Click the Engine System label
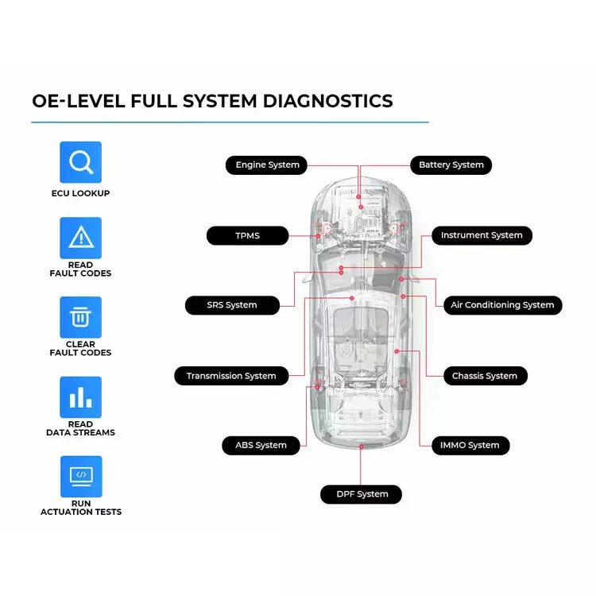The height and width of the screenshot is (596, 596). (x=267, y=165)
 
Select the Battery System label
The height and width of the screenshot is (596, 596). (x=451, y=165)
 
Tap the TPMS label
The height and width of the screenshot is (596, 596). (x=247, y=236)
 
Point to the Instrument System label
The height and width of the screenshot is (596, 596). (x=482, y=235)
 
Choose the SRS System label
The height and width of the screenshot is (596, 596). (x=232, y=305)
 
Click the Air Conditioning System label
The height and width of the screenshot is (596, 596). (x=502, y=305)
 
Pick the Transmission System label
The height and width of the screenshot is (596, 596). (x=231, y=376)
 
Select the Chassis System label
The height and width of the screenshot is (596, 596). (x=484, y=376)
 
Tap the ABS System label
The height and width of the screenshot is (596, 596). (x=261, y=445)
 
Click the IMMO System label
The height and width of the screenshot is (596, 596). (x=470, y=445)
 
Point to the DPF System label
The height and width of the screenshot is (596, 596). (x=362, y=494)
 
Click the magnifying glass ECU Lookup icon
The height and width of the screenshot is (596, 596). (x=81, y=162)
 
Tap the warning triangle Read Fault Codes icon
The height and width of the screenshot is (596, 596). (x=81, y=238)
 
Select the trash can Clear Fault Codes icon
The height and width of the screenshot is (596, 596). (x=81, y=317)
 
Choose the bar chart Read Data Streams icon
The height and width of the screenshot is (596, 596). (x=81, y=397)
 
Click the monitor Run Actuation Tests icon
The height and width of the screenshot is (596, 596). (x=81, y=476)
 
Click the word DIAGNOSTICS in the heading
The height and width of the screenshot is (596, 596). (x=327, y=102)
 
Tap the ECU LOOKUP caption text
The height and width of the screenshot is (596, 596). (x=81, y=193)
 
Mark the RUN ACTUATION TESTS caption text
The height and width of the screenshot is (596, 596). (x=81, y=508)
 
